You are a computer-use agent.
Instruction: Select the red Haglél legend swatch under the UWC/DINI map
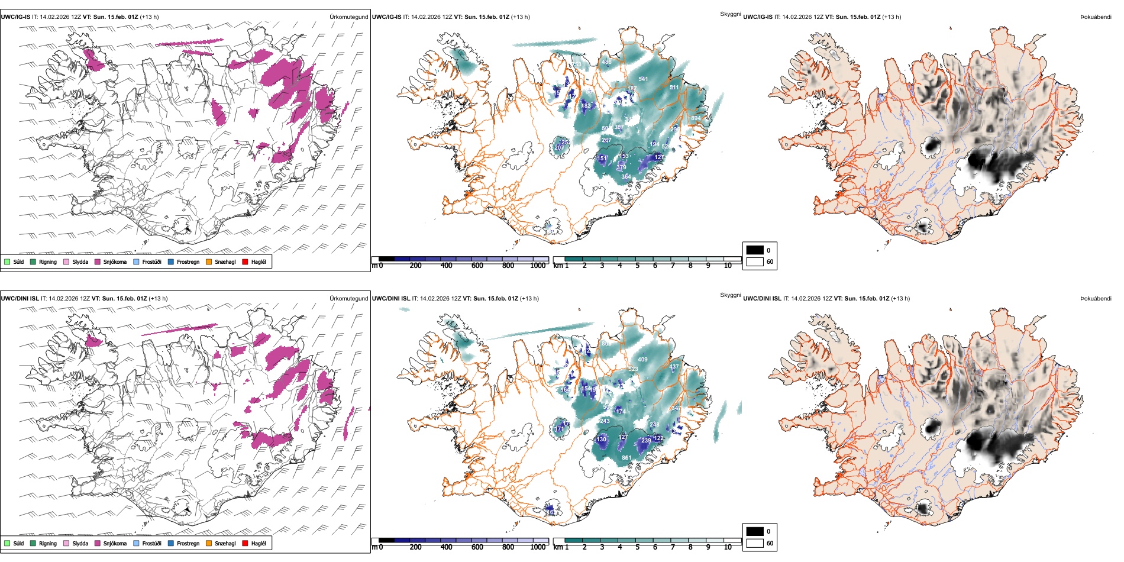tap(246, 543)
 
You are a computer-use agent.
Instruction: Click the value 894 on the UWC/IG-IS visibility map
tap(696, 118)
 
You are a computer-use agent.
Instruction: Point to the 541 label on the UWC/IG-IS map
tap(643, 79)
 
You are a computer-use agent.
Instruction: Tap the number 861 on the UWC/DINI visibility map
tap(626, 457)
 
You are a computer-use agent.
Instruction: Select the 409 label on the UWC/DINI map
tap(642, 360)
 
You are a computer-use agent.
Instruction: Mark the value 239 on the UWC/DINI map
tap(646, 441)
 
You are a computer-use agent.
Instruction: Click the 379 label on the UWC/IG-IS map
tap(621, 167)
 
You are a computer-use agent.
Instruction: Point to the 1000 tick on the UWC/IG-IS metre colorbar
tap(538, 266)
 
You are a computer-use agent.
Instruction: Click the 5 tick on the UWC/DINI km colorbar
tap(637, 547)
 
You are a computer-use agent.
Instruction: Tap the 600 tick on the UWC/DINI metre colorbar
tap(477, 547)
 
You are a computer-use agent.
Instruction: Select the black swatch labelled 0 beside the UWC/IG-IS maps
tap(755, 250)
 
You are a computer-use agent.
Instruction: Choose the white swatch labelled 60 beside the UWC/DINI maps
tap(755, 543)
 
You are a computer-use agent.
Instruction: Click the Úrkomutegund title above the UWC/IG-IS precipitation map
tap(348, 17)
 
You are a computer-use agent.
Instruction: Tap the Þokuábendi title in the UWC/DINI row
tap(1096, 299)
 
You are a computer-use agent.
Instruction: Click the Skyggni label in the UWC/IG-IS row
tap(730, 14)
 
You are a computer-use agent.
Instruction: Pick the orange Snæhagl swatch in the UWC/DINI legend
tap(209, 543)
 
